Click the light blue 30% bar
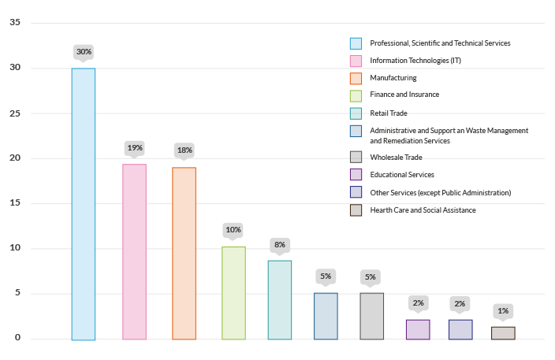tap(83, 204)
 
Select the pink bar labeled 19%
tap(134, 252)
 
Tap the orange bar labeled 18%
tap(184, 254)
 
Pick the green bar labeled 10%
tap(233, 293)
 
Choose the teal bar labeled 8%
tap(279, 300)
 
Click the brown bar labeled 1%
tap(503, 333)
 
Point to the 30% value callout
tap(84, 52)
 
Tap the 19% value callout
tap(135, 147)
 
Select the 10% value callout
tap(233, 230)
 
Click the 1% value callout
tap(503, 310)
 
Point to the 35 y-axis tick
tap(15, 22)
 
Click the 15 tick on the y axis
tap(15, 203)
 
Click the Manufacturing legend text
tap(393, 78)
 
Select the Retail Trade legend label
tap(389, 113)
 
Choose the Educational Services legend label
tap(402, 175)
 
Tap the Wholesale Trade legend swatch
tap(356, 158)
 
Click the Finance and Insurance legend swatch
tap(356, 95)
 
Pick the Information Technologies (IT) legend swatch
tap(356, 61)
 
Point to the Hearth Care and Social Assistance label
tap(423, 210)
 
